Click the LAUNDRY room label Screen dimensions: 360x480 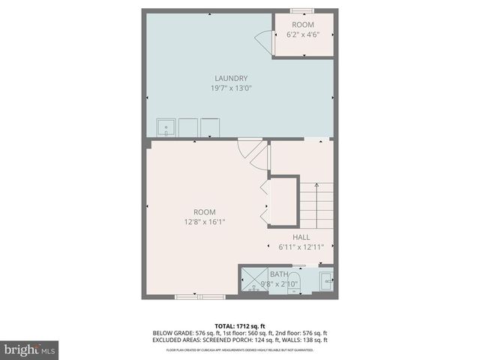tap(231, 79)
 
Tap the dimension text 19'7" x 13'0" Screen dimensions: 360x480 tap(231, 88)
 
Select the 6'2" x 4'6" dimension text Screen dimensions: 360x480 tap(303, 34)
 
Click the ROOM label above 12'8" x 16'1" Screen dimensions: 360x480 tap(205, 211)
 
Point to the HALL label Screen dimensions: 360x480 tap(301, 237)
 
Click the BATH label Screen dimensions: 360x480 tap(278, 274)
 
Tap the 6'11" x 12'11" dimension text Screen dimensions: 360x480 tap(301, 247)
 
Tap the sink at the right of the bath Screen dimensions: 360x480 tap(327, 281)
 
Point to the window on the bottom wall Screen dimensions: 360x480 tap(189, 297)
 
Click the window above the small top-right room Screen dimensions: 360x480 tap(302, 10)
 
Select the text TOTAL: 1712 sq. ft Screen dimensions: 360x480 tap(240, 325)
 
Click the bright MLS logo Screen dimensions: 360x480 tap(30, 349)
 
